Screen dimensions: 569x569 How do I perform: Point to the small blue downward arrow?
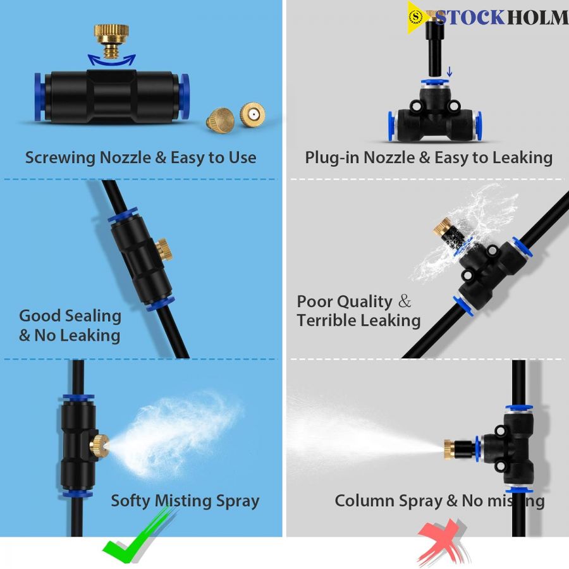[x=450, y=71]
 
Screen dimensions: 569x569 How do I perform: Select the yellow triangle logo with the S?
[x=417, y=18]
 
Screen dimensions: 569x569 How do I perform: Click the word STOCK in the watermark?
[x=470, y=18]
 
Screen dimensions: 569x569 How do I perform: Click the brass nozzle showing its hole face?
[x=252, y=114]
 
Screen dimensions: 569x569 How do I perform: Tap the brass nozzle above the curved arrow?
[x=111, y=40]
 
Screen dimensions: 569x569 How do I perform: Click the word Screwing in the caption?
[x=61, y=158]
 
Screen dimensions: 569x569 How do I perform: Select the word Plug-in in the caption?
[x=333, y=158]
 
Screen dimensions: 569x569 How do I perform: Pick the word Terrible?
[x=326, y=321]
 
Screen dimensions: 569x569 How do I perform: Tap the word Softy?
[x=131, y=501]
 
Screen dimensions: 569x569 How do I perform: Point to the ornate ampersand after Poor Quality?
[x=404, y=301]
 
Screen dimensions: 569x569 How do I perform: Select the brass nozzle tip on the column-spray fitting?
[x=450, y=450]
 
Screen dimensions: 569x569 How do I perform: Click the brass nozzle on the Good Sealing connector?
[x=164, y=250]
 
